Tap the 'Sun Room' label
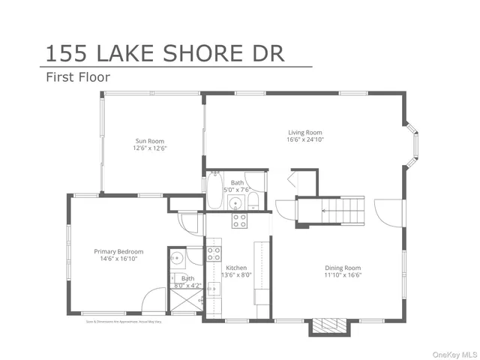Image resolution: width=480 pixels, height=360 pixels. (x=149, y=141)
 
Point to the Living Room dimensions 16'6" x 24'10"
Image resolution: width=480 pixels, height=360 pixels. (x=304, y=139)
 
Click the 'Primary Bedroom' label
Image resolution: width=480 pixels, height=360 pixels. (x=118, y=251)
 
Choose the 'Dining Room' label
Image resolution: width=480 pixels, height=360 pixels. (x=343, y=268)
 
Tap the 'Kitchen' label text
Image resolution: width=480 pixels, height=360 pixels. (x=236, y=268)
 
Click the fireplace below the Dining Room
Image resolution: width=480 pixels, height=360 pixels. (x=327, y=325)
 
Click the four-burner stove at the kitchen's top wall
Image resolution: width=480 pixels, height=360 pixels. (x=239, y=220)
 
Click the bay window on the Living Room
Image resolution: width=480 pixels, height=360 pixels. (x=412, y=142)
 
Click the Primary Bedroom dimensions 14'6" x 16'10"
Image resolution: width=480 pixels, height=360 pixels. (x=118, y=259)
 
